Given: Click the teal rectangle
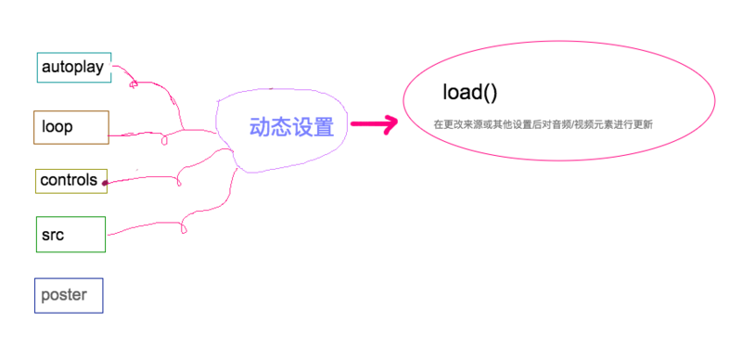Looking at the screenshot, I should click(74, 68).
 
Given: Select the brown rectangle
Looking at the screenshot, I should click(71, 127).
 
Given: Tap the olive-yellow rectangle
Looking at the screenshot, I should click(71, 181).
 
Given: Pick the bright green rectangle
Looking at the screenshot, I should click(70, 234).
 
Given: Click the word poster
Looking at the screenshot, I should click(64, 295).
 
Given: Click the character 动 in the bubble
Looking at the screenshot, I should click(261, 127).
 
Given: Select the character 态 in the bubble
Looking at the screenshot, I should click(282, 127).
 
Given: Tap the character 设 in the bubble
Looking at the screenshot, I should click(302, 127).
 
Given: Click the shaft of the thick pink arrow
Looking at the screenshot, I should click(365, 124).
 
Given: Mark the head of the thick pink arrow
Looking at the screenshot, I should click(390, 124).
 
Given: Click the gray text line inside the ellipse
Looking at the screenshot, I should click(543, 123).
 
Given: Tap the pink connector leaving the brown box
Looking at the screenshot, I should click(139, 135).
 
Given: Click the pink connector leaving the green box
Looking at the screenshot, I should click(139, 228).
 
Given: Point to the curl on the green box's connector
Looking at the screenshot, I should click(184, 225).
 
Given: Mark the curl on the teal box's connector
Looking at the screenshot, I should click(134, 84).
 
